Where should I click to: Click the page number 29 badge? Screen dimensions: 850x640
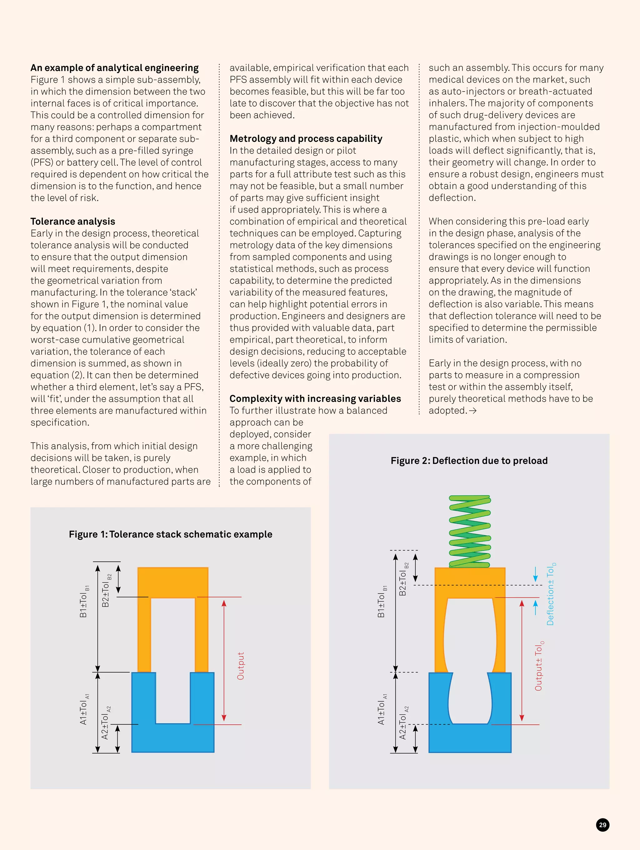click(x=602, y=825)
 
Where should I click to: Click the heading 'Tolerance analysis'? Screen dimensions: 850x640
click(x=72, y=221)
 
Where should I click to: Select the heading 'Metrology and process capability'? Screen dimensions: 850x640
click(x=306, y=138)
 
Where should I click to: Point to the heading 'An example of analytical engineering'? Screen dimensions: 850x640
click(x=115, y=67)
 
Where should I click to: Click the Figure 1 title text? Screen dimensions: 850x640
click(x=170, y=534)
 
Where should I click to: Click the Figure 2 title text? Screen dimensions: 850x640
click(x=469, y=460)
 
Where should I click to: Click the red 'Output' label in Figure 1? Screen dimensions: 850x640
click(x=241, y=666)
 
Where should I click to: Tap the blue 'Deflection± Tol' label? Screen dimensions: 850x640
click(x=550, y=594)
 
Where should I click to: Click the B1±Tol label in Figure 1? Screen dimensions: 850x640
click(x=83, y=602)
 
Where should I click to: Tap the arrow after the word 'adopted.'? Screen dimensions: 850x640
click(x=473, y=411)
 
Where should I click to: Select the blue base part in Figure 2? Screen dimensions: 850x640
click(x=470, y=738)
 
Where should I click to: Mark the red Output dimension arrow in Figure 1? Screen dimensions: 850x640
click(x=224, y=660)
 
